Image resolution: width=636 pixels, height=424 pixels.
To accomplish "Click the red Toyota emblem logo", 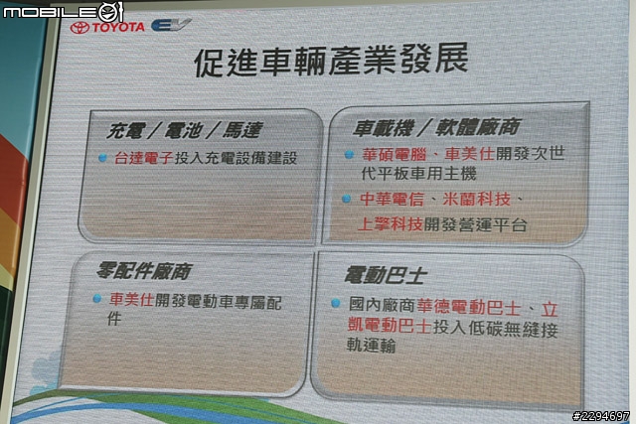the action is [79, 28].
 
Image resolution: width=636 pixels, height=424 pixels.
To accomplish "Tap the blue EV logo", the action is [171, 25].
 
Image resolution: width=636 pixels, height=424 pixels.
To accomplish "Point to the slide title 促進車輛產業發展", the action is [331, 62].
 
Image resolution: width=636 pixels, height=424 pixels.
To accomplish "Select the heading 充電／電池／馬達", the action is [185, 130].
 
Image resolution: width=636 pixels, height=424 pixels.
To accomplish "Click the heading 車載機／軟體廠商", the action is [436, 127].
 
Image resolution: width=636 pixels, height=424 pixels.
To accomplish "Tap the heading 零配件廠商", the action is [144, 271].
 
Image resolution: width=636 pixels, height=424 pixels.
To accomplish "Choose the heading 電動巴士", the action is [386, 275].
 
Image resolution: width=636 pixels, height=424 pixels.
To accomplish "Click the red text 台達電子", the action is [144, 158].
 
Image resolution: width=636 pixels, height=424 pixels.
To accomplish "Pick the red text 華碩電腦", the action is [395, 154].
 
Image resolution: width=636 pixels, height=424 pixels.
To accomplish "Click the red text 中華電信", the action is [392, 199].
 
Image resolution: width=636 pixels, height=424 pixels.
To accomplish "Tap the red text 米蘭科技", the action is [477, 199].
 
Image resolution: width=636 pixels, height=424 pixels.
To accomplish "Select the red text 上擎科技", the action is [391, 223].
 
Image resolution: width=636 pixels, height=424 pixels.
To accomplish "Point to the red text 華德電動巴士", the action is [468, 307].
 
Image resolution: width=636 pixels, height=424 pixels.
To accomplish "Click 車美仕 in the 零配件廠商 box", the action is [131, 300].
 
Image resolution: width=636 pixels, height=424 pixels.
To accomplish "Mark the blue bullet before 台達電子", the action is [102, 158].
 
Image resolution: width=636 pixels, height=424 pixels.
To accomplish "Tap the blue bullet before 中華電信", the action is [346, 199].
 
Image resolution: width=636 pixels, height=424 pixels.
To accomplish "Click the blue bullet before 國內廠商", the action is [336, 303].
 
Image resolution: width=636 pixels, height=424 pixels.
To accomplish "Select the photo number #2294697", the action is [601, 416].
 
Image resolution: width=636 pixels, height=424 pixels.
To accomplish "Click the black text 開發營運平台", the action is [475, 224].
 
